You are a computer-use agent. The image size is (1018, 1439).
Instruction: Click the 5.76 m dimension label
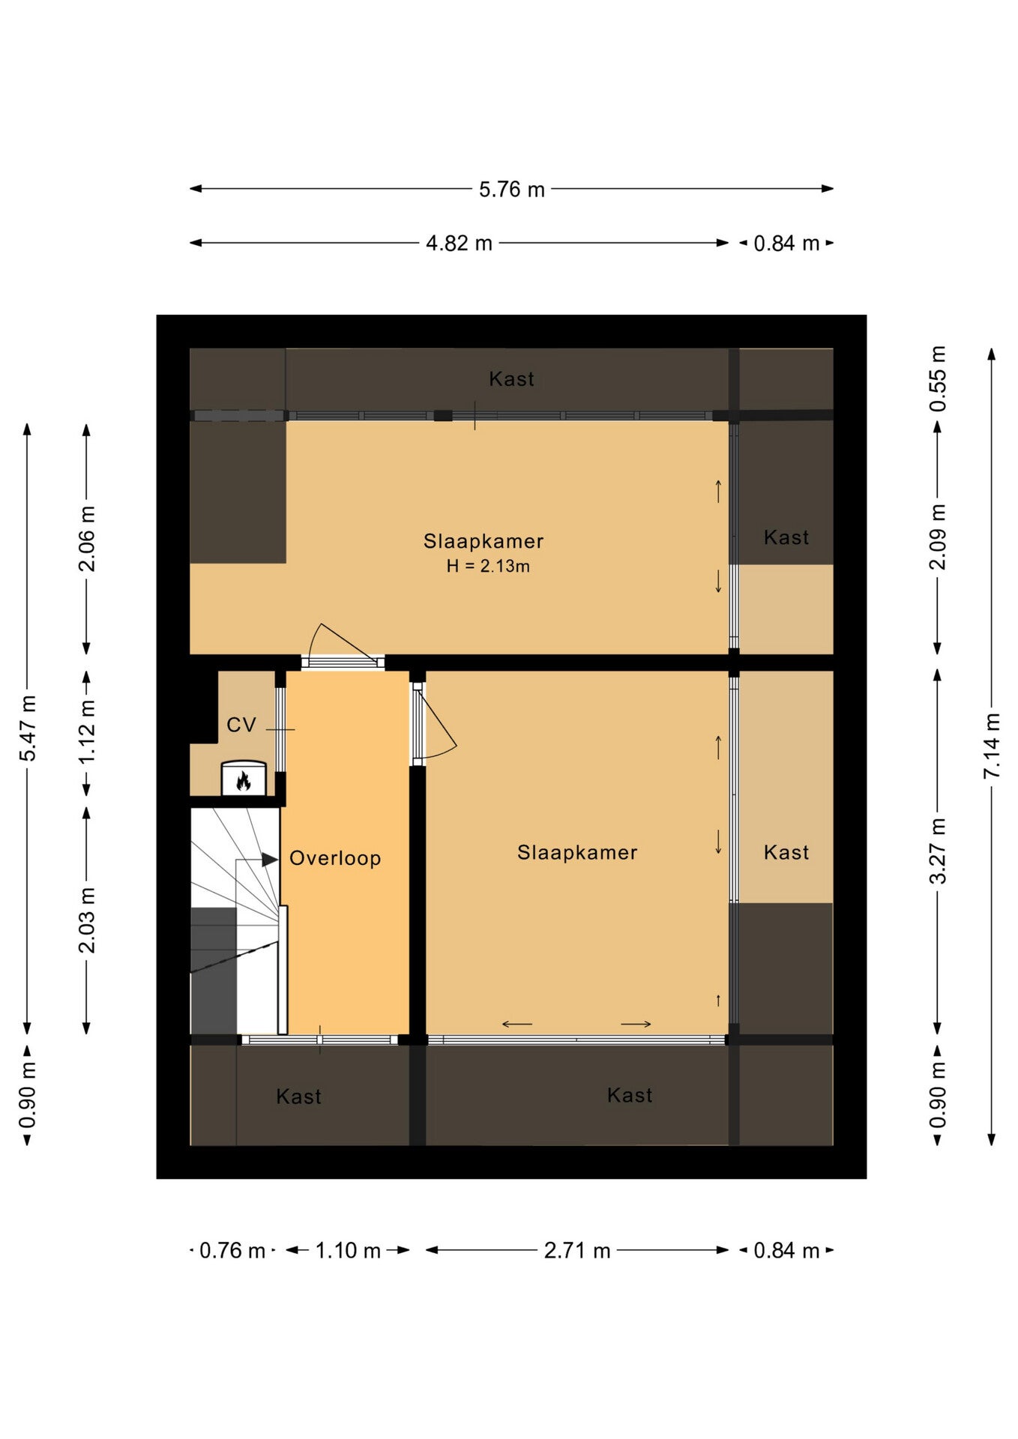tap(512, 189)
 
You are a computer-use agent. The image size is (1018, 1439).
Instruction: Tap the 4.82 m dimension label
tap(459, 243)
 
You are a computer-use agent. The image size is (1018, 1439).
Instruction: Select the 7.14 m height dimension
tap(992, 745)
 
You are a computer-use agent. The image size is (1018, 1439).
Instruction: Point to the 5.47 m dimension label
tap(28, 728)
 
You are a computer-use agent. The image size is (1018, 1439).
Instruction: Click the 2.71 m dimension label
tap(577, 1250)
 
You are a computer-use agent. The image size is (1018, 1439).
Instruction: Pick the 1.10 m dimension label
tap(348, 1250)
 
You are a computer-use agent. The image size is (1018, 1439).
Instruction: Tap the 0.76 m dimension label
tap(232, 1250)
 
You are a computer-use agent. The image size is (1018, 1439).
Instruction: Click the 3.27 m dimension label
tap(938, 851)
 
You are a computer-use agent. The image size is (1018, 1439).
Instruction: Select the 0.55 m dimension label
tap(938, 378)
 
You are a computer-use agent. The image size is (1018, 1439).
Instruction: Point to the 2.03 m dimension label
tap(87, 920)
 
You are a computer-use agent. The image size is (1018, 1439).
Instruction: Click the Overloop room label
tap(335, 858)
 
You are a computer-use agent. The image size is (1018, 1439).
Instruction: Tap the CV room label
tap(241, 725)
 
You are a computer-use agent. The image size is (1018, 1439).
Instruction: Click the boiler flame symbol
tap(243, 782)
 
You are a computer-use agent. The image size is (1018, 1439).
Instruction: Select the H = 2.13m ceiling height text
tap(488, 566)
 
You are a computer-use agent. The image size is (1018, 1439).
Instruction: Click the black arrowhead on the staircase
tap(270, 860)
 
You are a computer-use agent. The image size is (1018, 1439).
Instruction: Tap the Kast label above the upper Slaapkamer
tap(512, 378)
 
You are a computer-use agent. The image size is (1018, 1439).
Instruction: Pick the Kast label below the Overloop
tap(298, 1096)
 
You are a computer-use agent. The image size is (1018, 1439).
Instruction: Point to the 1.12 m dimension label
tap(87, 731)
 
